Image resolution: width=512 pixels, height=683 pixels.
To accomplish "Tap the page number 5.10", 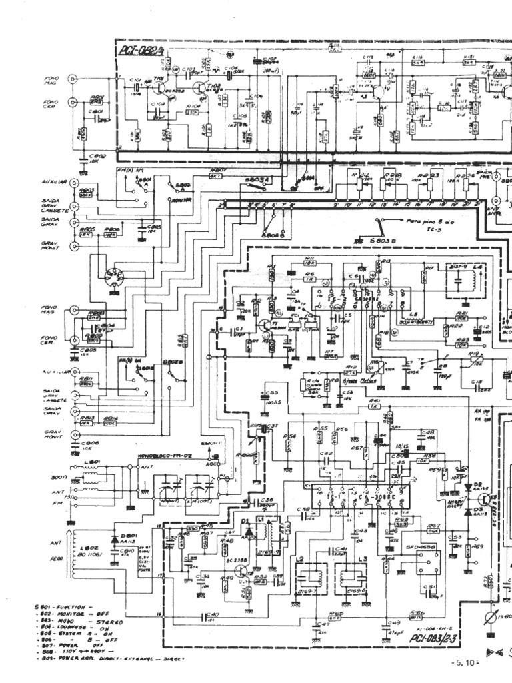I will (466, 663).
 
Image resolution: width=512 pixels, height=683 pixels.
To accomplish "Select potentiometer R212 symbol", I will (361, 180).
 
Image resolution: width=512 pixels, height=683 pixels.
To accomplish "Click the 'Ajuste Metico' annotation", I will (359, 381).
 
